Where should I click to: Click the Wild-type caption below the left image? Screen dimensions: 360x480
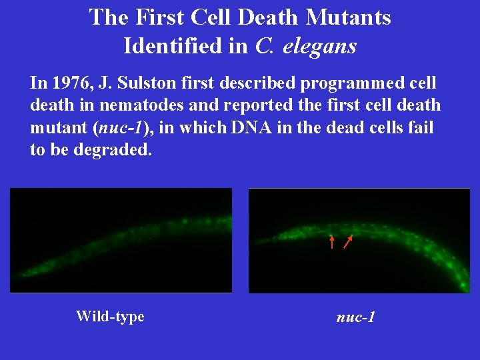point(110,316)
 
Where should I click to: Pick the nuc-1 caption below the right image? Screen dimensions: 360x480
point(356,317)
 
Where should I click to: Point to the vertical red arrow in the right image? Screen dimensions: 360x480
point(332,241)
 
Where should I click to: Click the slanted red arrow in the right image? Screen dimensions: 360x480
point(348,241)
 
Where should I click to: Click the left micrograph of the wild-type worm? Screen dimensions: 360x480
point(121,241)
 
